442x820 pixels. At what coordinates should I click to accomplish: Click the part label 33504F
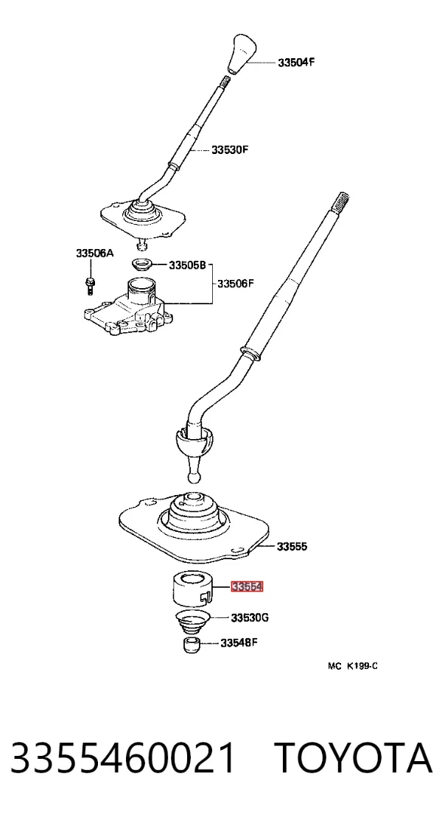point(296,62)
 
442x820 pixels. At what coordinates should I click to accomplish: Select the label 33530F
point(230,150)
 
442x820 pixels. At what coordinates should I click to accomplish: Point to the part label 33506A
point(95,253)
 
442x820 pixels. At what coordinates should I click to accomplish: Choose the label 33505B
point(187,265)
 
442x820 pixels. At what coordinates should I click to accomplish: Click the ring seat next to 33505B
point(141,264)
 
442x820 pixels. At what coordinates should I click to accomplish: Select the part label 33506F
point(236,284)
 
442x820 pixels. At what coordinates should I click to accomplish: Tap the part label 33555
point(292,547)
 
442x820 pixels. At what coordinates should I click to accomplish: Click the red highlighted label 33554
point(247,586)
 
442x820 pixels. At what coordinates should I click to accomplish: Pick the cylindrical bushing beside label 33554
point(193,589)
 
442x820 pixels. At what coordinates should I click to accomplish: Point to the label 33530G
point(250,617)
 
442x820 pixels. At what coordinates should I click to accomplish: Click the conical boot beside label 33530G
point(192,622)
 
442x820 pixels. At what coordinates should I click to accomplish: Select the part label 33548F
point(239,642)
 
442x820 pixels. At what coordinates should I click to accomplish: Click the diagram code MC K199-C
point(353,666)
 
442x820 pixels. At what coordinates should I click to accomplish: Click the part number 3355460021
point(123,759)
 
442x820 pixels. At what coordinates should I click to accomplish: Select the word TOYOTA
point(354,759)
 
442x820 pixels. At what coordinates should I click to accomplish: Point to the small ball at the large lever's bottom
point(194,477)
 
